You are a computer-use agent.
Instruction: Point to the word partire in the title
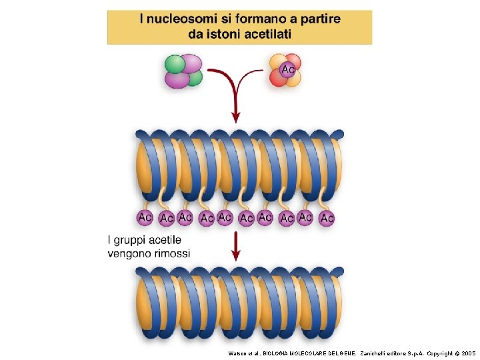coord(319,19)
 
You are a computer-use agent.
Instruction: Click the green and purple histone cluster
coord(183,71)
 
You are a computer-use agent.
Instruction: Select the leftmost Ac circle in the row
coord(145,217)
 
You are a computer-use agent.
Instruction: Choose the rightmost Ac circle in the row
coord(327,217)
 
